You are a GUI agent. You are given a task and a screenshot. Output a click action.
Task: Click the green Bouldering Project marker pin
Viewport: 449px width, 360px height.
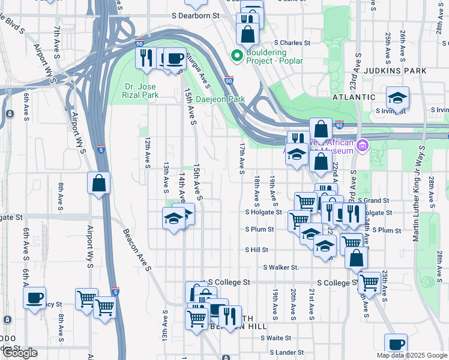(x=237, y=56)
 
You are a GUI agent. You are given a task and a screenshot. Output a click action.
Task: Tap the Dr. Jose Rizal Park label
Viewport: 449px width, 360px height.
(x=142, y=91)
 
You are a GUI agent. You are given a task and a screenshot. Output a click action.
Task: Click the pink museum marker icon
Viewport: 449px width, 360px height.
(x=362, y=145)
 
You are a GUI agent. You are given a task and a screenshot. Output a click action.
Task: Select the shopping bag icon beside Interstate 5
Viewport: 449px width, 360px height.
(x=99, y=182)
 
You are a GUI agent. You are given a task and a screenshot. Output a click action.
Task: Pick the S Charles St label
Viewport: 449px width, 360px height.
(x=292, y=43)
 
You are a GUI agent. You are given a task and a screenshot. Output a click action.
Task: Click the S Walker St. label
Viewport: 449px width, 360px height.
(x=281, y=267)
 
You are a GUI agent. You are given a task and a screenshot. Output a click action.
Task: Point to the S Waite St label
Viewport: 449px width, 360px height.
(x=276, y=338)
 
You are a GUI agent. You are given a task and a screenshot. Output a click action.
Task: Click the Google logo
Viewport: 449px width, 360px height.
(x=20, y=353)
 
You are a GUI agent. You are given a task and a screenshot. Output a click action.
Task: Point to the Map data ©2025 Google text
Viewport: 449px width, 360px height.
(x=411, y=355)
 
